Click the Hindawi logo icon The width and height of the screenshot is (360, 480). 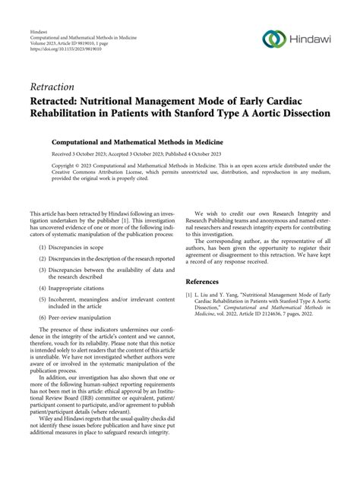(x=273, y=38)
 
